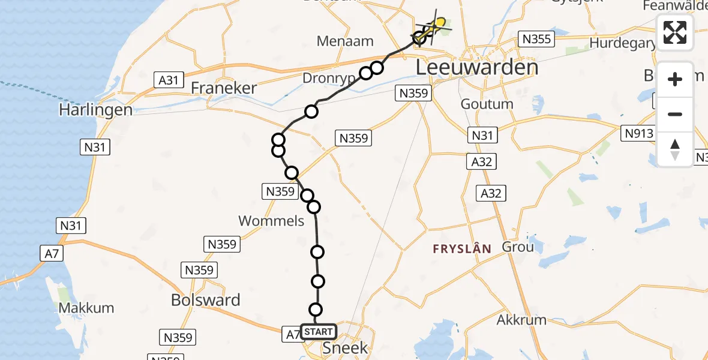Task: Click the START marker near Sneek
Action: [x=318, y=332]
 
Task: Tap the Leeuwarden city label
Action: [x=477, y=67]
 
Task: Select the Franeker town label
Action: [x=224, y=88]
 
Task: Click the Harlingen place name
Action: [x=96, y=110]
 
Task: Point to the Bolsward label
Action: [x=206, y=300]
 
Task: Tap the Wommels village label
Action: [x=271, y=221]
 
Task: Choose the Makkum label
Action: [x=87, y=308]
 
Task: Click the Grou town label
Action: [x=517, y=247]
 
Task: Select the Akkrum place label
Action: [x=522, y=319]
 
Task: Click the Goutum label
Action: [x=487, y=104]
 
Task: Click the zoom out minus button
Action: [x=675, y=115]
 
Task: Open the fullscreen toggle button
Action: [x=675, y=32]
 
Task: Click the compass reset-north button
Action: [x=675, y=149]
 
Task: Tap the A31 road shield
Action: [x=169, y=80]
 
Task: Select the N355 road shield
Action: [x=536, y=40]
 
